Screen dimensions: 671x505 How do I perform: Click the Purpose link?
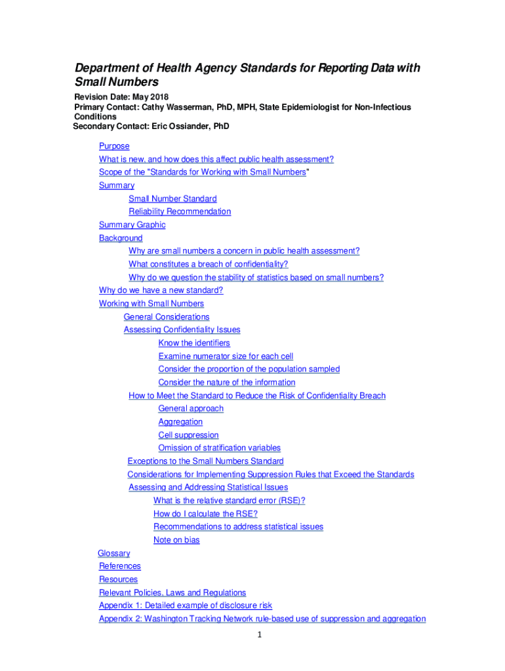tap(114, 146)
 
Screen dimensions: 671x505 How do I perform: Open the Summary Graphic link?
tap(132, 225)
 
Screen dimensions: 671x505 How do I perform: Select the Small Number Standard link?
tap(172, 199)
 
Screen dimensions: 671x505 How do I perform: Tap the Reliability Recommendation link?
tap(180, 212)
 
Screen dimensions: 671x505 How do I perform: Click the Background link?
tap(121, 238)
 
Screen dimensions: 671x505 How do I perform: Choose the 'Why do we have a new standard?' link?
tap(161, 290)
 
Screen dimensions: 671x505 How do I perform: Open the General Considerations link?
tap(167, 316)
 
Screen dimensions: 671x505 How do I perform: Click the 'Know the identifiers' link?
tap(194, 343)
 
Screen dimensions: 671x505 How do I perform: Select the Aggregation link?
tap(180, 421)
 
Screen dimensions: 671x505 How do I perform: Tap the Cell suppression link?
tap(188, 434)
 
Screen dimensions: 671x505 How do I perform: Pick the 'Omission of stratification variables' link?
tap(219, 448)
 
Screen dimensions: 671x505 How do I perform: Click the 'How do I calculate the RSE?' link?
tap(205, 514)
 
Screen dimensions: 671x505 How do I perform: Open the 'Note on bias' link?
tap(176, 540)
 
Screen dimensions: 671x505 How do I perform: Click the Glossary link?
tap(113, 553)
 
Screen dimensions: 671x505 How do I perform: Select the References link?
tap(119, 566)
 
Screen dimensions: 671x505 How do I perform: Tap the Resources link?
tap(118, 579)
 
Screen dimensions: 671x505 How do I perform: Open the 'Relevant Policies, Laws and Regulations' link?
tap(172, 592)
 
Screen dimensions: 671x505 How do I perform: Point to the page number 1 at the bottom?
tap(260, 635)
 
